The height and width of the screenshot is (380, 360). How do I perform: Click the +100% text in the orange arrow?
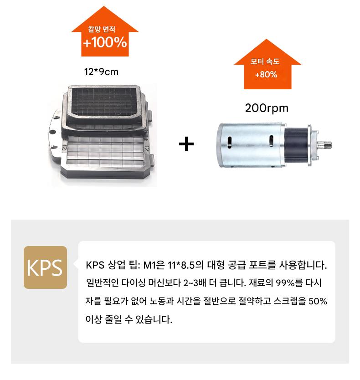point(105,42)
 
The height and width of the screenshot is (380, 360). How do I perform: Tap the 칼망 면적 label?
point(102,29)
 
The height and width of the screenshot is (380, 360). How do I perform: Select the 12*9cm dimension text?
point(101,72)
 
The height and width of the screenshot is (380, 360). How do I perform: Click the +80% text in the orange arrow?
point(266,74)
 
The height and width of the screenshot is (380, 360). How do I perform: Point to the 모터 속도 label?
point(265,62)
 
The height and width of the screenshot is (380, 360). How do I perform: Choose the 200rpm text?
point(267,108)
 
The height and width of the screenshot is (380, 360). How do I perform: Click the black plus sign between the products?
point(186,144)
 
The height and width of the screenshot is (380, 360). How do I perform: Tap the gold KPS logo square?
point(45,267)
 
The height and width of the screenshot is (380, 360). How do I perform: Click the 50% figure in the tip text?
point(318,301)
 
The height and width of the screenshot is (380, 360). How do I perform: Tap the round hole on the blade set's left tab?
point(53,132)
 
